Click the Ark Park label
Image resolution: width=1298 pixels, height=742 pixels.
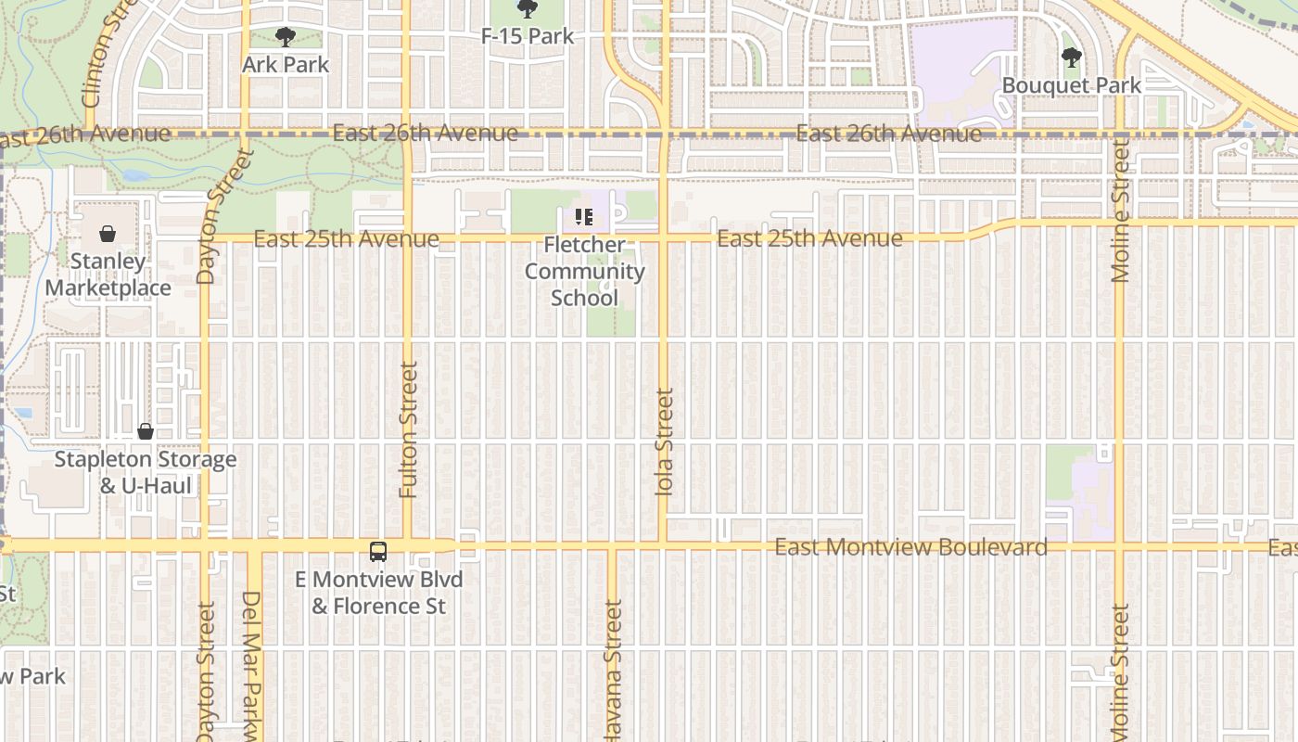click(x=286, y=64)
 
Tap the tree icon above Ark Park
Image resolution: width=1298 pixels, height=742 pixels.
click(x=286, y=37)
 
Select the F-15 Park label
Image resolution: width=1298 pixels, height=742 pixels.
click(x=528, y=36)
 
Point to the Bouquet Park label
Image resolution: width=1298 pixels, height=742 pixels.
click(x=1072, y=85)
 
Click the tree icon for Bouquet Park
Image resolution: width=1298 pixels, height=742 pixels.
click(x=1072, y=58)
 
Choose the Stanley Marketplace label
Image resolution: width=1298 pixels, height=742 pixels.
click(x=108, y=275)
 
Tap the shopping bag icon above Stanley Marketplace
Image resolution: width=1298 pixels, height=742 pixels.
click(x=108, y=234)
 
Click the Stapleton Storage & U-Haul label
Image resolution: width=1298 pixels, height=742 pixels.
click(x=146, y=472)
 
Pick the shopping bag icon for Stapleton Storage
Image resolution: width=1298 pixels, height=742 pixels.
click(x=146, y=431)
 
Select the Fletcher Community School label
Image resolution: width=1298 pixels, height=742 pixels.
click(x=584, y=271)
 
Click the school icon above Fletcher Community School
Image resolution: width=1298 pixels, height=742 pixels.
click(x=584, y=217)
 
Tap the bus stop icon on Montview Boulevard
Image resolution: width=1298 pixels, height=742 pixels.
click(x=378, y=551)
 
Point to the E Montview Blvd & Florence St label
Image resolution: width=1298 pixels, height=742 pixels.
click(x=379, y=593)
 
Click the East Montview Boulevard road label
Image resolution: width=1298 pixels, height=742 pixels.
click(x=910, y=547)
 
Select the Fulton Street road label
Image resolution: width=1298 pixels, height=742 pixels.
click(x=408, y=429)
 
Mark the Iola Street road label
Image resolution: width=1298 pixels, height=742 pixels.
click(x=664, y=441)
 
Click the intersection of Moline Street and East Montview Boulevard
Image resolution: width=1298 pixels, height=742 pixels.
click(x=1119, y=547)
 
